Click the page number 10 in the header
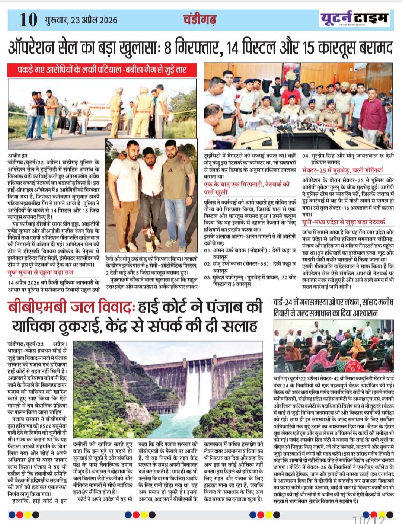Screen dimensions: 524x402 tap(29, 20)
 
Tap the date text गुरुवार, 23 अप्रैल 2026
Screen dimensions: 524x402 tap(80, 20)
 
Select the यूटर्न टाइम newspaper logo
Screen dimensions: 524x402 tap(354, 18)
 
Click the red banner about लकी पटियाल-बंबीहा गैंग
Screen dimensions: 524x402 tap(102, 70)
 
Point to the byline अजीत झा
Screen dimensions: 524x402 tap(17, 155)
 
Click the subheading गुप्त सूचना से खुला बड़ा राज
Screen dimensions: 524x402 tap(41, 272)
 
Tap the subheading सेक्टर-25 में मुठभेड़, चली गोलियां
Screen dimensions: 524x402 tap(342, 170)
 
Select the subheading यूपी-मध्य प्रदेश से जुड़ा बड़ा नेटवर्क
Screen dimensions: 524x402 tap(343, 222)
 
